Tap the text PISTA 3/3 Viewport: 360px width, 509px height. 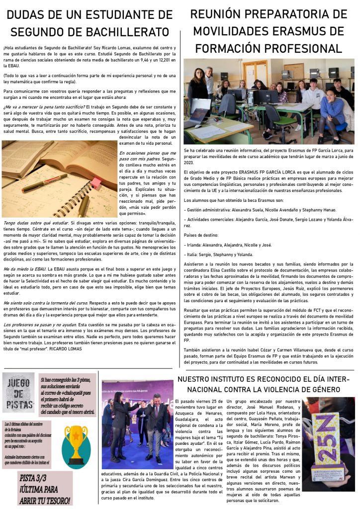(35, 479)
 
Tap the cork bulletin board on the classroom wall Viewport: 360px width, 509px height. (293, 71)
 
